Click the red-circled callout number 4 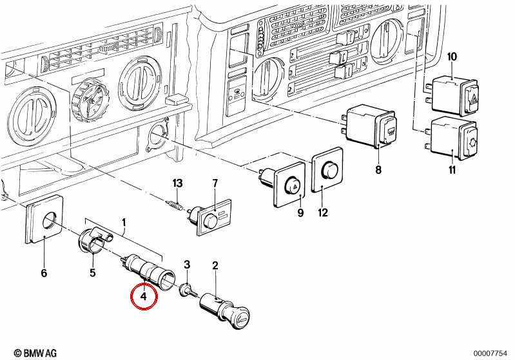pyautogui.click(x=144, y=297)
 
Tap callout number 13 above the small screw pyautogui.click(x=177, y=183)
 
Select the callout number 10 pyautogui.click(x=452, y=57)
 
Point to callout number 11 pyautogui.click(x=452, y=170)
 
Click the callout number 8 pyautogui.click(x=378, y=170)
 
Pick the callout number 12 pyautogui.click(x=323, y=213)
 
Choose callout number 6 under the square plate pyautogui.click(x=44, y=273)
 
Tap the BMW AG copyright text pyautogui.click(x=35, y=353)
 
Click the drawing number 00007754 pyautogui.click(x=490, y=354)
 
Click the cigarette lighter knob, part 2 pyautogui.click(x=226, y=311)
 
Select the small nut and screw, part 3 pyautogui.click(x=188, y=290)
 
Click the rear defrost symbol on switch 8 pyautogui.click(x=391, y=131)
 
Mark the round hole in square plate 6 pyautogui.click(x=50, y=220)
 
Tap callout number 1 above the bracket pyautogui.click(x=124, y=223)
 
